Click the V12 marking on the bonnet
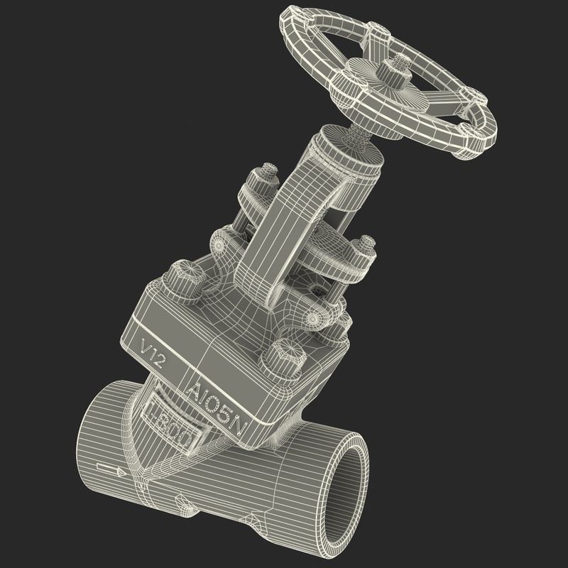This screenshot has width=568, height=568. point(154,353)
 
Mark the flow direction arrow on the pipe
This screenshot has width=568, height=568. point(109,469)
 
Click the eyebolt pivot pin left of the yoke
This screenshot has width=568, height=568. point(219,244)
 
